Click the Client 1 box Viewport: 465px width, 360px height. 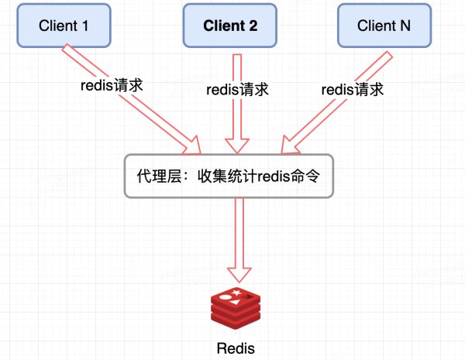tap(65, 26)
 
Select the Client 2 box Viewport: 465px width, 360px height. tap(230, 26)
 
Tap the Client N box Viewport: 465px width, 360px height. tap(384, 26)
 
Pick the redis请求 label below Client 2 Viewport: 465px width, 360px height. tap(237, 90)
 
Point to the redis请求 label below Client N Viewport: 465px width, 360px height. tap(353, 90)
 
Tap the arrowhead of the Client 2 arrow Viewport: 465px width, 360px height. tap(236, 145)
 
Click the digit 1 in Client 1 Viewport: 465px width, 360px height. tap(84, 26)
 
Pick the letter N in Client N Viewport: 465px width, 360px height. tap(405, 26)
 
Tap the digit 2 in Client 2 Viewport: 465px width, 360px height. tap(252, 26)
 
